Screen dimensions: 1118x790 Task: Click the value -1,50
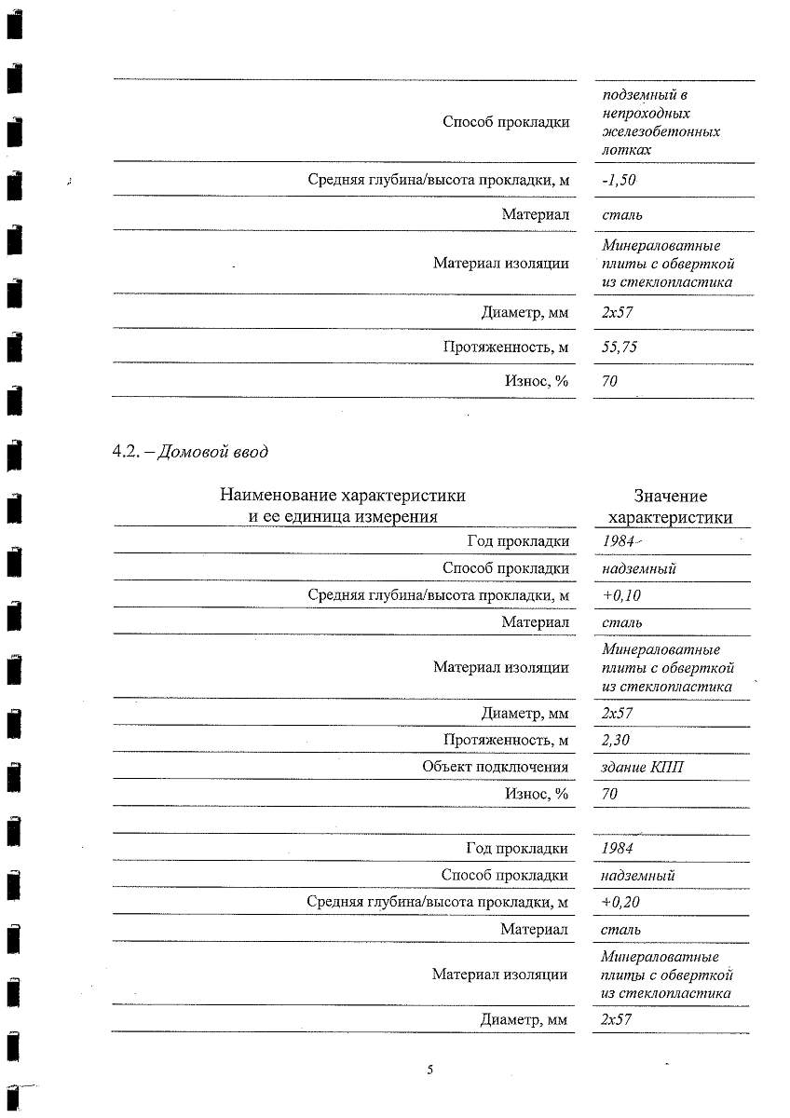(620, 181)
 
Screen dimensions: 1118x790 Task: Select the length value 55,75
(620, 348)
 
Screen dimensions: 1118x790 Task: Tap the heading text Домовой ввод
(212, 453)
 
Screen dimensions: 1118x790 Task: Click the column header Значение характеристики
(670, 507)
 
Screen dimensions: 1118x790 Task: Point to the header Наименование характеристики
(342, 496)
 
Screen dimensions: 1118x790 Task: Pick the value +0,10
(621, 595)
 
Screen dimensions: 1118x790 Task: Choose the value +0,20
(621, 902)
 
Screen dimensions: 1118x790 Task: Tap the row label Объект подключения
(495, 767)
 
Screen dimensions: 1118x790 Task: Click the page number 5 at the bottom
(430, 1070)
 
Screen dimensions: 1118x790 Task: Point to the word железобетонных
(661, 131)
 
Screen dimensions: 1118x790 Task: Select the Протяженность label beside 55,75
(506, 348)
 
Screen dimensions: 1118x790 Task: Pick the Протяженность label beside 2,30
(506, 740)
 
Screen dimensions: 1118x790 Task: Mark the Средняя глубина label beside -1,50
(438, 181)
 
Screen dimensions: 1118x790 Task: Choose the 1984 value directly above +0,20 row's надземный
(619, 848)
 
